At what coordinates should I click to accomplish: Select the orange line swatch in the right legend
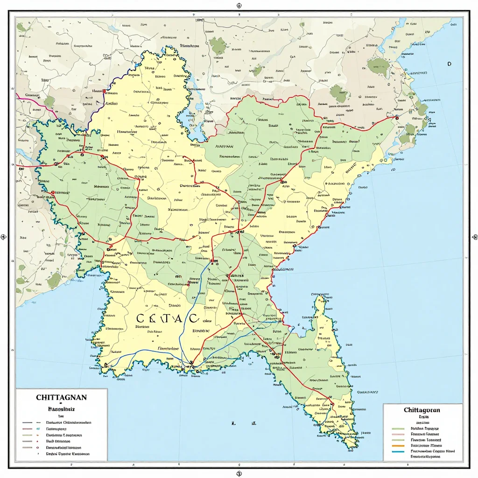click(398, 445)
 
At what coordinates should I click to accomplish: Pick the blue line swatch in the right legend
click(398, 451)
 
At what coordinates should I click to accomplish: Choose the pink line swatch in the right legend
click(398, 434)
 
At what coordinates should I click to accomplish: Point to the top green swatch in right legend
click(398, 428)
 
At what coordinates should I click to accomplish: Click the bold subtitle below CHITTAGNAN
click(61, 408)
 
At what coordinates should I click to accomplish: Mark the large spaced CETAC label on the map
click(167, 318)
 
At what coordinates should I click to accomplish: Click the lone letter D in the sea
click(449, 64)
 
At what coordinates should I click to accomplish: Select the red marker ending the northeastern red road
click(396, 118)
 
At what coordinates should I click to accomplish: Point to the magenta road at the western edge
click(28, 97)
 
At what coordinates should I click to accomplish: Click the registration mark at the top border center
click(239, 6)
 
